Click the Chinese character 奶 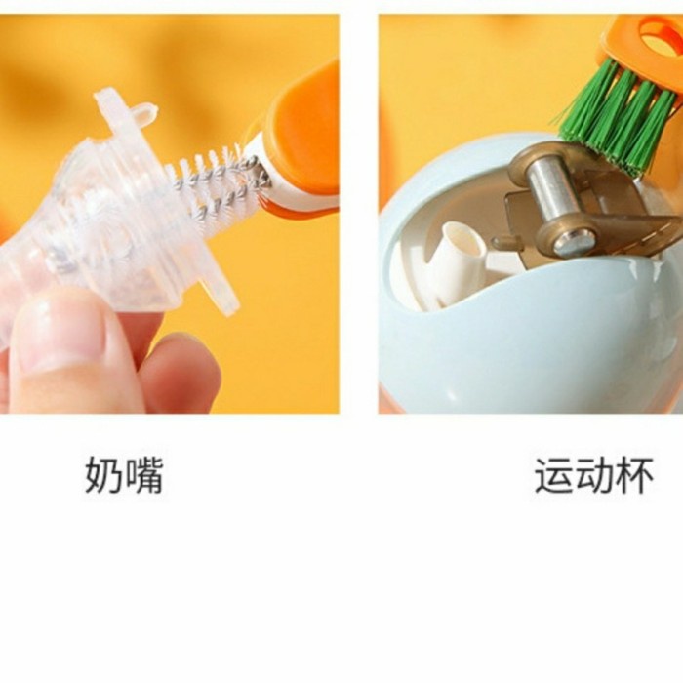[103, 475]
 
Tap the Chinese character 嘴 [143, 475]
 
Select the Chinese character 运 [553, 475]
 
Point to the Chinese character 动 [594, 475]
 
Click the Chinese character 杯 [634, 475]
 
